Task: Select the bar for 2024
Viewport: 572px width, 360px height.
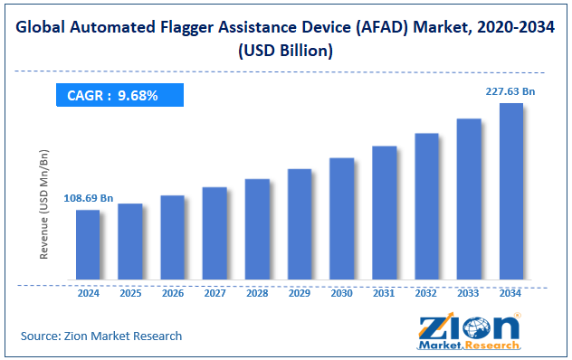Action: tap(88, 244)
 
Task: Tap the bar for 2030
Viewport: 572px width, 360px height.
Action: tap(341, 218)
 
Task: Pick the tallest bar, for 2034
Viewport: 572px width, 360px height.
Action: tap(510, 191)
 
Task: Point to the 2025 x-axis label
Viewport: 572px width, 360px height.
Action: tap(130, 294)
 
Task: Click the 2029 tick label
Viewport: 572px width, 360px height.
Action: tap(300, 294)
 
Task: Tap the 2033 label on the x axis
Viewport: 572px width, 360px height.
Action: tap(469, 294)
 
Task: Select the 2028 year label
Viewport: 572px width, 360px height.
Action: tap(257, 294)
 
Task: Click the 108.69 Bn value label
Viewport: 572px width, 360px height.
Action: tap(88, 197)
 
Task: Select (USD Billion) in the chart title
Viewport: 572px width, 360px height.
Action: tap(286, 52)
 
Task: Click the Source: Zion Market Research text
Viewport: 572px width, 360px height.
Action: tap(101, 336)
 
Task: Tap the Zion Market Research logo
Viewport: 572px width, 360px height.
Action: tap(469, 332)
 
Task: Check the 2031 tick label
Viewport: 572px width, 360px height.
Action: tap(384, 294)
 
